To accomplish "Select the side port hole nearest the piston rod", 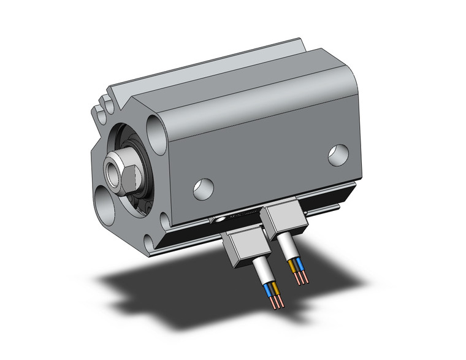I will tap(202, 188).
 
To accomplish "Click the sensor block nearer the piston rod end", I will tap(240, 248).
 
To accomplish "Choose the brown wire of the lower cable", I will tap(275, 288).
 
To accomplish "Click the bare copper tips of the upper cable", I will tap(300, 278).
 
